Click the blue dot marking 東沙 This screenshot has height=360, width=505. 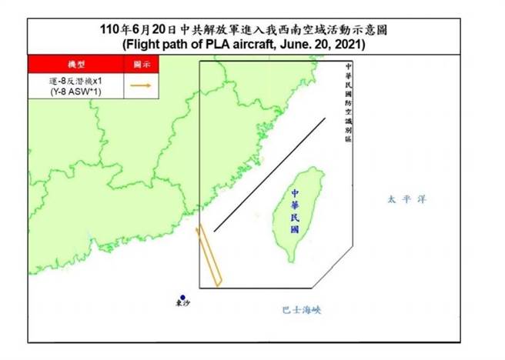pyautogui.click(x=182, y=298)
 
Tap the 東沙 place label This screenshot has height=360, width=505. pyautogui.click(x=182, y=306)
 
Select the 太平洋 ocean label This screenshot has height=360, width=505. pyautogui.click(x=406, y=200)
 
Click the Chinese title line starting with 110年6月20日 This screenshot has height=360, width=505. pyautogui.click(x=243, y=30)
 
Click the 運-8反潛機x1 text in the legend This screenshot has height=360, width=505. pyautogui.click(x=75, y=81)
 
